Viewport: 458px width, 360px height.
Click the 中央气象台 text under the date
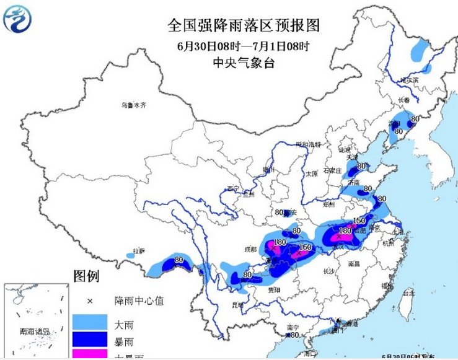(243, 62)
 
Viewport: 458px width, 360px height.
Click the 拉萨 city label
(138, 252)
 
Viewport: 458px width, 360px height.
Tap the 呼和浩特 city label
(308, 144)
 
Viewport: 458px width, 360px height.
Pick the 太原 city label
(311, 174)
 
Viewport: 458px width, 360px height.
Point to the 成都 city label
(250, 249)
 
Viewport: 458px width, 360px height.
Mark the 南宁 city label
(293, 327)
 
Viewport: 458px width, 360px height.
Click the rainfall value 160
(304, 248)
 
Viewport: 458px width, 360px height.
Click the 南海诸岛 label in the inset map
(24, 332)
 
